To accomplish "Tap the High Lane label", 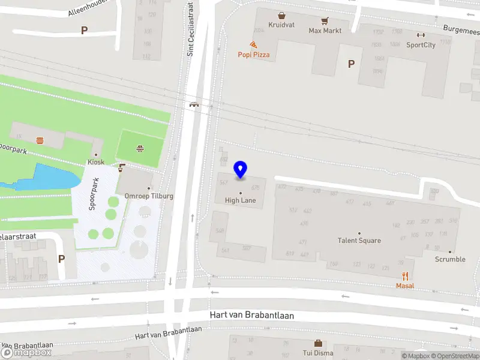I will click(x=241, y=200).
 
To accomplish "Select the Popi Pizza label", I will click(x=253, y=55).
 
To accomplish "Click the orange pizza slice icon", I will click(x=253, y=44).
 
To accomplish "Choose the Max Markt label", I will click(x=325, y=30).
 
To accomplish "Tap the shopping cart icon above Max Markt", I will click(x=325, y=20).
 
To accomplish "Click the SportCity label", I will click(x=421, y=44).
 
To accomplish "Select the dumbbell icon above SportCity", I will click(x=421, y=34).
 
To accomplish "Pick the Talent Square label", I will click(x=359, y=241).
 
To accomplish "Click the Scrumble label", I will click(x=450, y=259).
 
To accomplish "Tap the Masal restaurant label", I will click(x=405, y=286).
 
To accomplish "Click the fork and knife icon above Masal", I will click(x=405, y=276).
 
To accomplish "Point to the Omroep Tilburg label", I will click(x=149, y=196).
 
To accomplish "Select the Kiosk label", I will click(x=95, y=162).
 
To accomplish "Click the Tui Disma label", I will click(x=318, y=353).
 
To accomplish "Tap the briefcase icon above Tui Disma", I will click(x=318, y=343).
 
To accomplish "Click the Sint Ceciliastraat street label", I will click(x=190, y=29).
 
